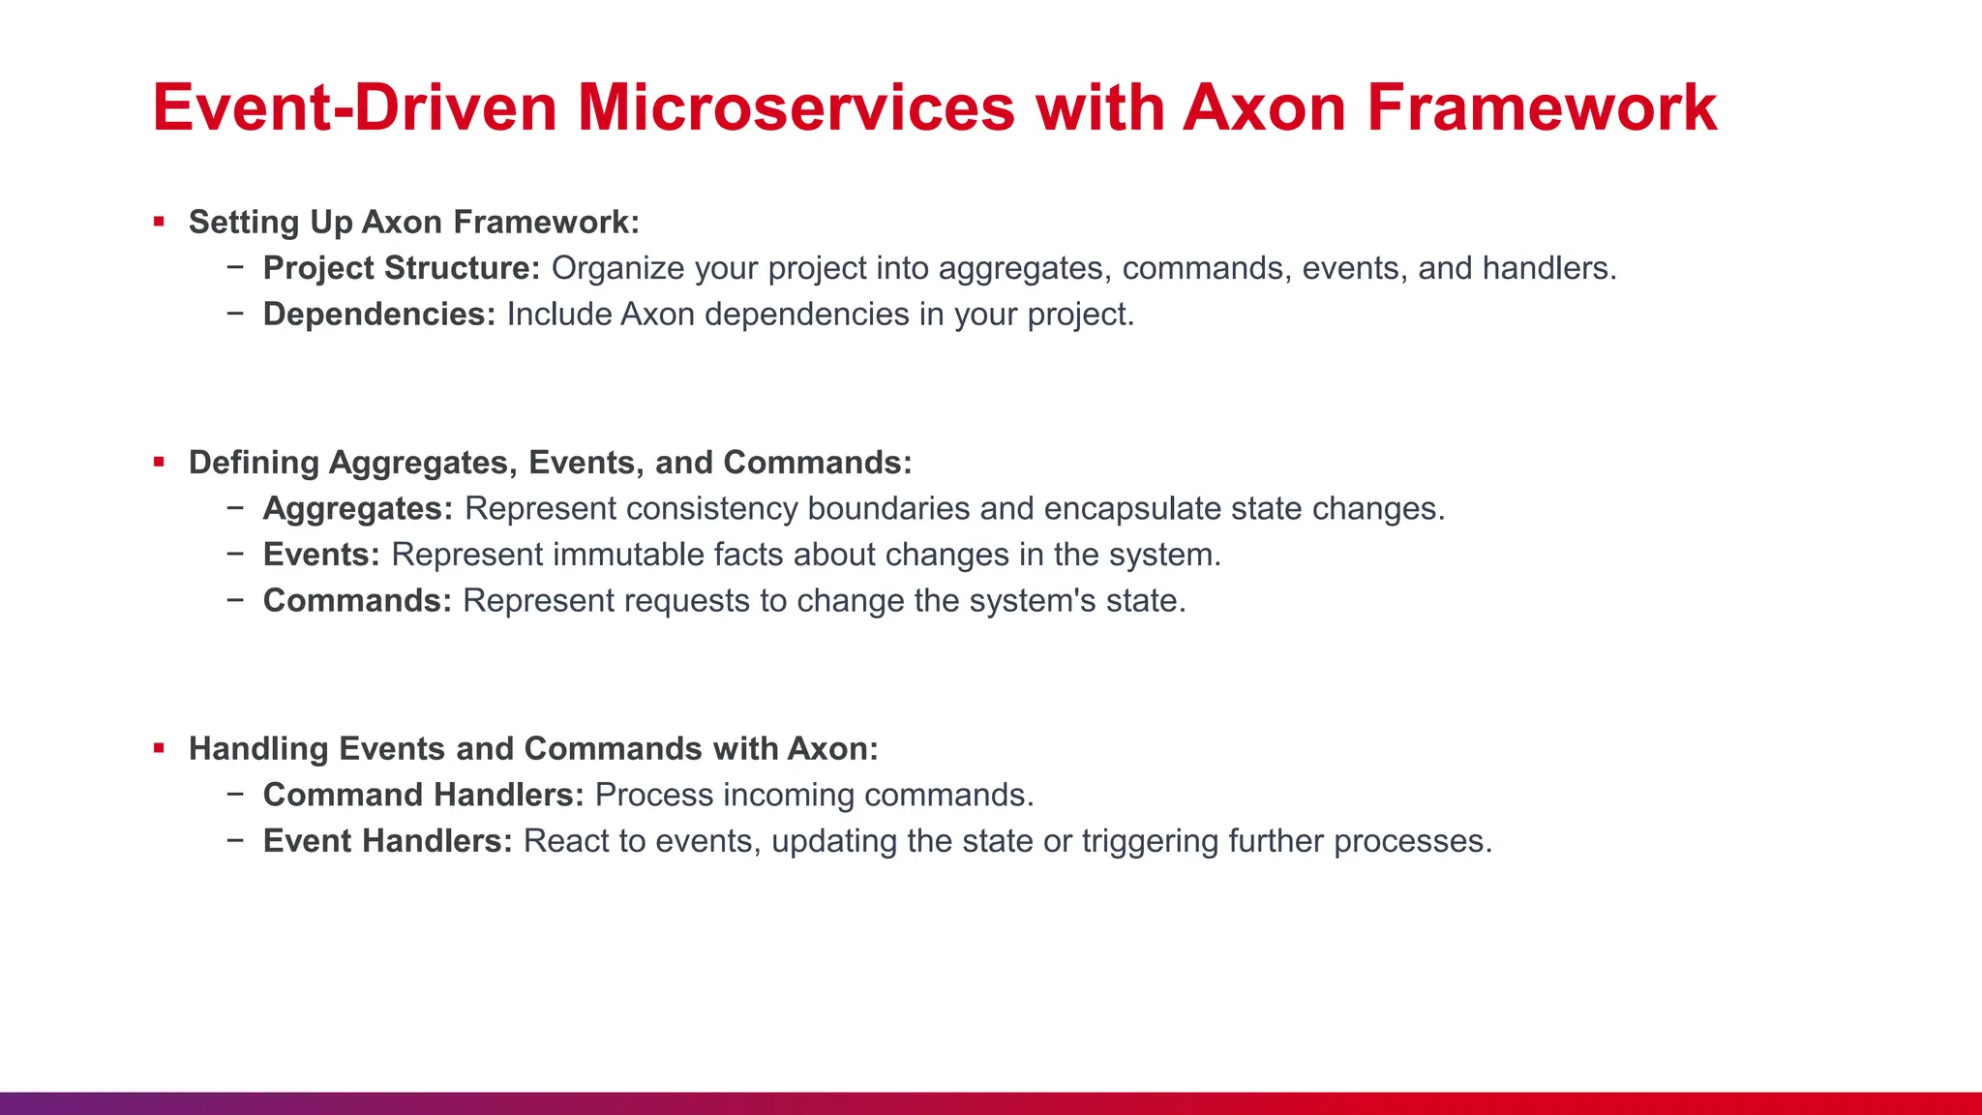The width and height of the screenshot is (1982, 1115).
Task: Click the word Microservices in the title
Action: [x=796, y=107]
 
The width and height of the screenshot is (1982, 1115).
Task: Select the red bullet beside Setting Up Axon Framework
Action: [x=159, y=223]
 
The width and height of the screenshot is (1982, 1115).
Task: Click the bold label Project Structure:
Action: [x=401, y=268]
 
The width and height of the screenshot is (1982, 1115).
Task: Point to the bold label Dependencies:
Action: [x=378, y=315]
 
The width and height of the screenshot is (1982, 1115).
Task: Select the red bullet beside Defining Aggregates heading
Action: [x=159, y=463]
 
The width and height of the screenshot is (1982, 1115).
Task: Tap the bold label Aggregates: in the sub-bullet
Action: [x=357, y=509]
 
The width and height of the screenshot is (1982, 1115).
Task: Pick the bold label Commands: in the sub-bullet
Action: [x=357, y=601]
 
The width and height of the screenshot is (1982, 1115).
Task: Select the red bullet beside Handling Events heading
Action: [x=159, y=748]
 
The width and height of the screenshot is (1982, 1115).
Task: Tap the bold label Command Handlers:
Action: [x=423, y=795]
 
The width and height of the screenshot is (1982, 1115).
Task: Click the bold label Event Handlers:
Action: [x=387, y=841]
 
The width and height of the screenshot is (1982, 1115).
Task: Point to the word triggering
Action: [x=1150, y=841]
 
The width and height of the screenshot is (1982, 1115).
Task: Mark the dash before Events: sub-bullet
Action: [x=235, y=554]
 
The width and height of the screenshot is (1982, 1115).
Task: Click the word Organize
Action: [x=617, y=268]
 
